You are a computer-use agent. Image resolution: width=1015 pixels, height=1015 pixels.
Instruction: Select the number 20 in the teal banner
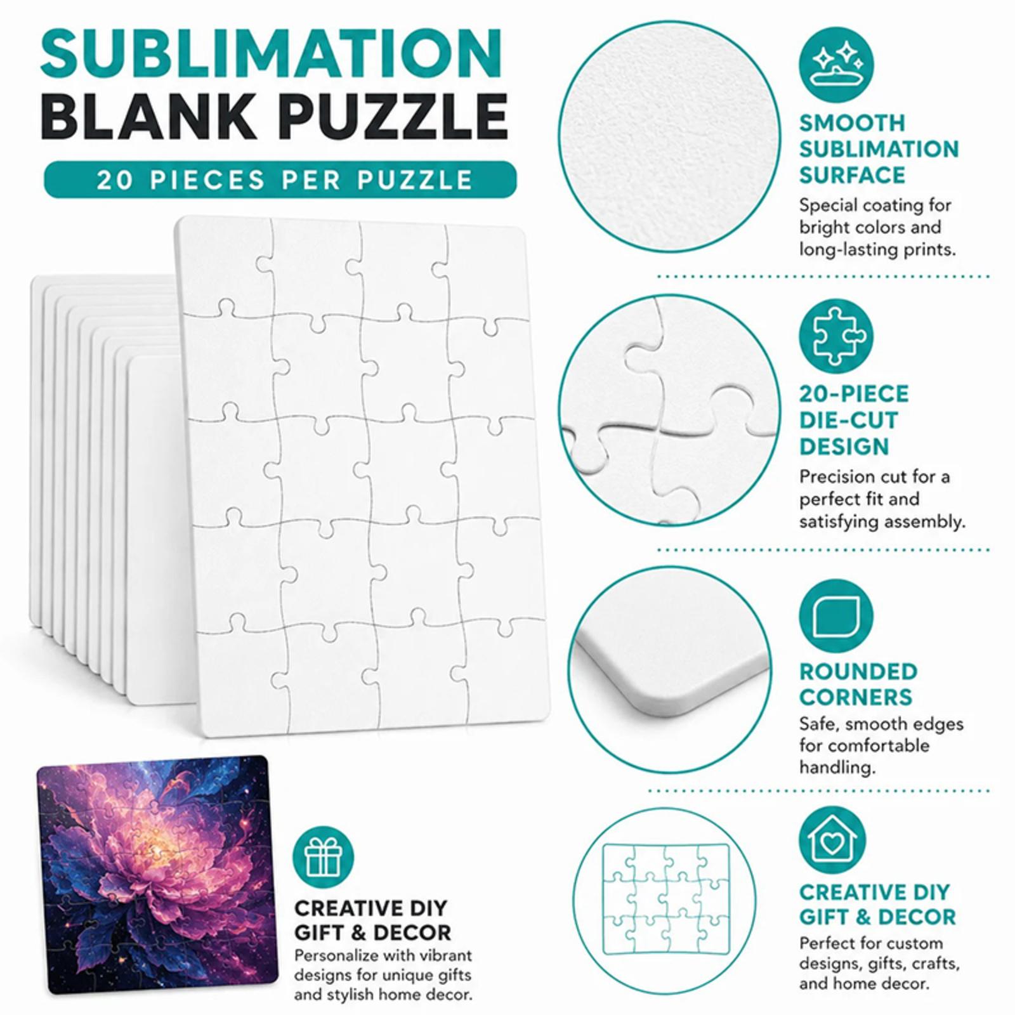click(114, 180)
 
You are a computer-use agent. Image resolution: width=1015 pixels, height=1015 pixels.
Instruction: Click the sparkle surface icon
click(836, 63)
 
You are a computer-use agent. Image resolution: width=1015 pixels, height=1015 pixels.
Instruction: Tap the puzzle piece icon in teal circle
click(836, 336)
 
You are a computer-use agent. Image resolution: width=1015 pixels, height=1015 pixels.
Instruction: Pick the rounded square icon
click(836, 615)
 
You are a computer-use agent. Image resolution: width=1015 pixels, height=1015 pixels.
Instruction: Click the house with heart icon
click(836, 842)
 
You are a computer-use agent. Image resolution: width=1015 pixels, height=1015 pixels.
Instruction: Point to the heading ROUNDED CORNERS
click(858, 684)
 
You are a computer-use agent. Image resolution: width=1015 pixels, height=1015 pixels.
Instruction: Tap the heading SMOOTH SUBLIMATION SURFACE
click(879, 149)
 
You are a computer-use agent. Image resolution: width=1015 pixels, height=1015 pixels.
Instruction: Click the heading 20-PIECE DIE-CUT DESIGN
click(854, 420)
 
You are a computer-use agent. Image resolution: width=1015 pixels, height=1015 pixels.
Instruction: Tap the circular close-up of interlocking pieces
click(668, 410)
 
